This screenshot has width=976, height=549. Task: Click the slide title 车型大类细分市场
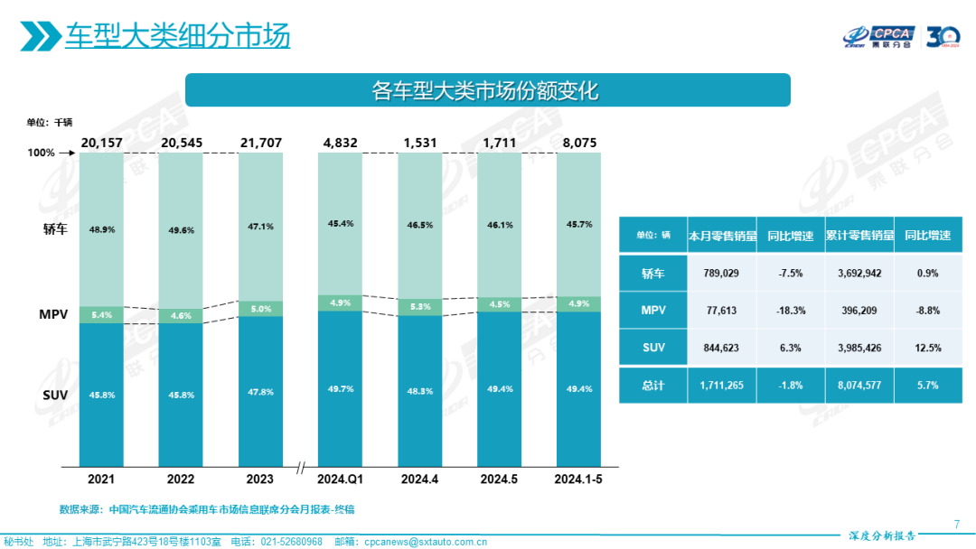[x=177, y=36]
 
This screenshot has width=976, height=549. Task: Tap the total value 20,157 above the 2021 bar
[x=101, y=143]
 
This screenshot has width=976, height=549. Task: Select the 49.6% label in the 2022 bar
[x=181, y=229]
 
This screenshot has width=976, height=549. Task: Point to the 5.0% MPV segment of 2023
[x=260, y=308]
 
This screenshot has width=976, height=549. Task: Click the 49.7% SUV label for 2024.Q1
[x=340, y=388]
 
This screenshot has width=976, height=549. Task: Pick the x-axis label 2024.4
[x=419, y=479]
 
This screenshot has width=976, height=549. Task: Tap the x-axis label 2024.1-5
[x=578, y=479]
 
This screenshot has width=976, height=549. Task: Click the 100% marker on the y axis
[x=41, y=154]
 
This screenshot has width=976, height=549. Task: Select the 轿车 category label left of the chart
[x=54, y=229]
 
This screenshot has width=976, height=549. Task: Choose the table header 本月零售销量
[x=720, y=235]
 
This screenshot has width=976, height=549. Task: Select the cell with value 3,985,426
[x=859, y=348]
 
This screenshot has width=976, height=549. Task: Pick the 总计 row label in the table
[x=652, y=385]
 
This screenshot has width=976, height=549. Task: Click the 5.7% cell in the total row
[x=927, y=385]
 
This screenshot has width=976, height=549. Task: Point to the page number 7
[x=956, y=525]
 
